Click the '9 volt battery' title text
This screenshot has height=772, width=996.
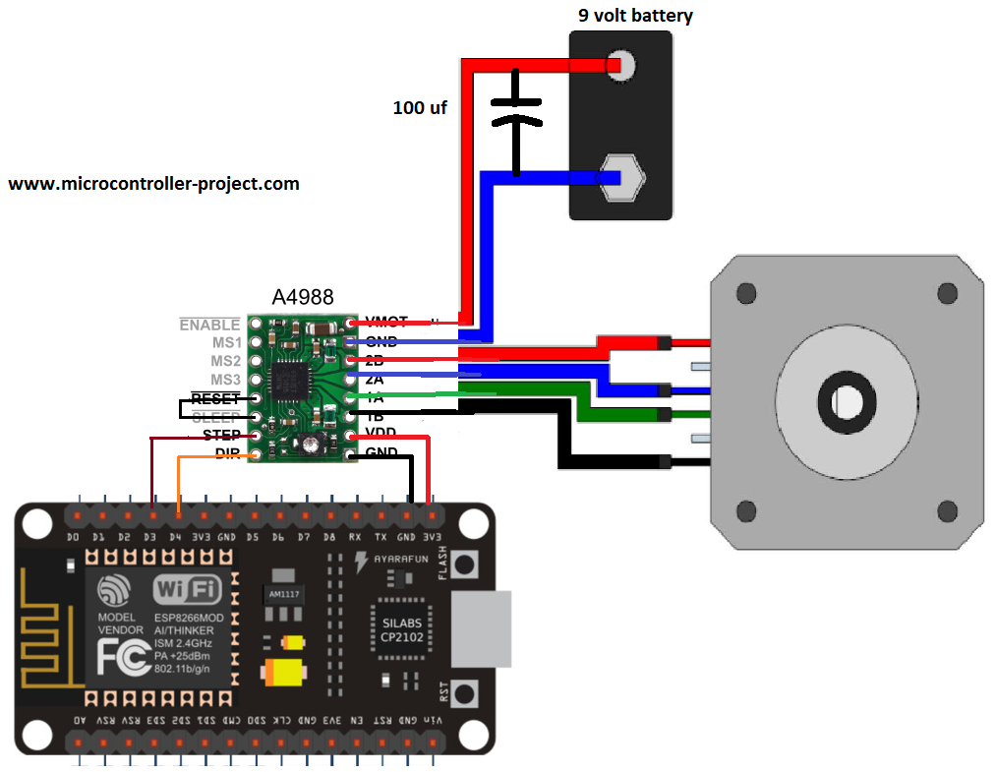click(x=634, y=16)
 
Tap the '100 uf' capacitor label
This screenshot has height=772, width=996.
click(x=420, y=108)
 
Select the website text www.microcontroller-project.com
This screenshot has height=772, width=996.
click(x=153, y=184)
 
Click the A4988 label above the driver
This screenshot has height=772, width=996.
click(x=302, y=296)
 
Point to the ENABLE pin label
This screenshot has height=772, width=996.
click(x=209, y=325)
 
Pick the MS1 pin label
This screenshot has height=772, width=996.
click(x=225, y=343)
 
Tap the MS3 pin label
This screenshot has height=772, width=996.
click(x=225, y=380)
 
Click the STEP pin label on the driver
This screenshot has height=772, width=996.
click(x=221, y=435)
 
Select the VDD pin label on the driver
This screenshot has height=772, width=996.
click(x=381, y=435)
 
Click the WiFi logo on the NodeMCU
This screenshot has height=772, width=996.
click(x=188, y=590)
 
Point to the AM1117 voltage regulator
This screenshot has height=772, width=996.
click(x=284, y=595)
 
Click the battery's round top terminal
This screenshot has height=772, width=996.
click(x=621, y=66)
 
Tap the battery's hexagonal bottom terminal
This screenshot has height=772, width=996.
click(x=623, y=178)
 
